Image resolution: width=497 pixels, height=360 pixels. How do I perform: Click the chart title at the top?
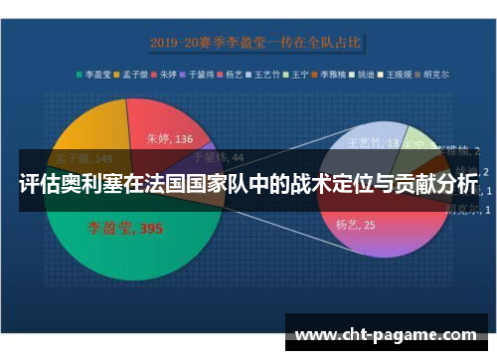pyautogui.click(x=255, y=43)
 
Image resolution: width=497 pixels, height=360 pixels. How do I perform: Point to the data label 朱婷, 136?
pyautogui.click(x=170, y=138)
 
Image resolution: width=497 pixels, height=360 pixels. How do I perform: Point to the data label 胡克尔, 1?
pyautogui.click(x=463, y=210)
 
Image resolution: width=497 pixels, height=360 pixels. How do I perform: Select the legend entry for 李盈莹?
pyautogui.click(x=96, y=74)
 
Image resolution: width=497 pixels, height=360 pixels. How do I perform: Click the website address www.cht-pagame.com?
pyautogui.click(x=387, y=334)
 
